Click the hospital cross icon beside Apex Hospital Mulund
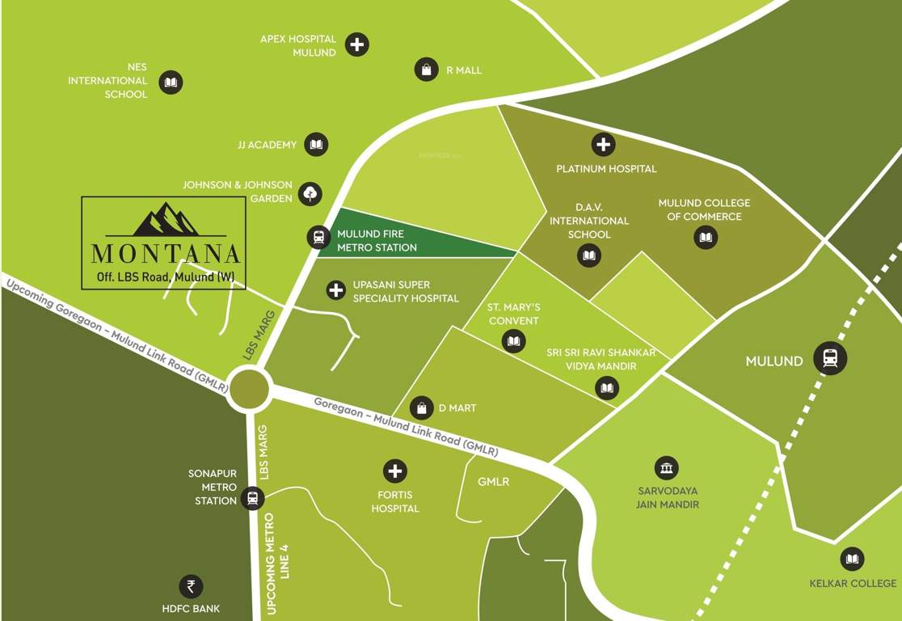tap(357, 44)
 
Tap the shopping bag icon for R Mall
tap(426, 70)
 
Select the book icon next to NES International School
tap(171, 82)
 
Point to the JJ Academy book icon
tap(316, 145)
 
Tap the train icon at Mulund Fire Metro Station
tap(318, 237)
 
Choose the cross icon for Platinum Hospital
tap(603, 145)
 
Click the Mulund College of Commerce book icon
tap(706, 237)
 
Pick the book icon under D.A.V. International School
tap(589, 256)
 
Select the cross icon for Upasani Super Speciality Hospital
tap(335, 289)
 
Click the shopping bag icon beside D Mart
tap(421, 408)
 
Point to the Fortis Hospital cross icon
tap(395, 470)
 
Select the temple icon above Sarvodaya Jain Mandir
tap(666, 467)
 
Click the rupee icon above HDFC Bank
tap(191, 586)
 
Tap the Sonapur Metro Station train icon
tap(253, 497)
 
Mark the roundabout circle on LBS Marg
tap(248, 389)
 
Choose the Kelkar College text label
tap(853, 583)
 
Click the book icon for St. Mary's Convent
tap(513, 342)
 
